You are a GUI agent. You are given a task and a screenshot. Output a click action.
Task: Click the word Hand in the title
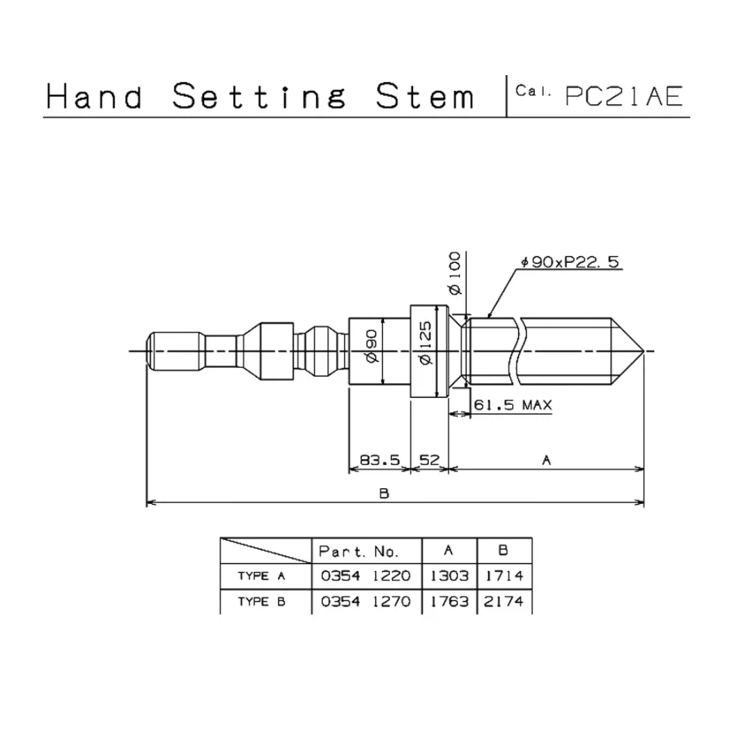[95, 97]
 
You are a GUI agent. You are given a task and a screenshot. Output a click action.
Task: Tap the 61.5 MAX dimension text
[513, 406]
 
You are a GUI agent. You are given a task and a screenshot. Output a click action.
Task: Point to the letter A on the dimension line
[547, 460]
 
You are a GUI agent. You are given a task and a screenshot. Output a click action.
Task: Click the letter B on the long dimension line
[383, 493]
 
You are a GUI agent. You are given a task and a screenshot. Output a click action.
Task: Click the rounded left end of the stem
[152, 351]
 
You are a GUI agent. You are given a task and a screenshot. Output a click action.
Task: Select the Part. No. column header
[358, 551]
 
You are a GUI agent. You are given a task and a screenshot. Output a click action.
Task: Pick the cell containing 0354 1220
[366, 577]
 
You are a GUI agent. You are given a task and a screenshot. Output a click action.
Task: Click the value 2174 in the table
[504, 602]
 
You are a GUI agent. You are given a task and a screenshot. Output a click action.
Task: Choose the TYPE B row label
[261, 602]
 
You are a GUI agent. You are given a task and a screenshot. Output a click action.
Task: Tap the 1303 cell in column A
[450, 577]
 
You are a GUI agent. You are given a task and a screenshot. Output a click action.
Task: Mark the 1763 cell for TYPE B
[450, 602]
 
